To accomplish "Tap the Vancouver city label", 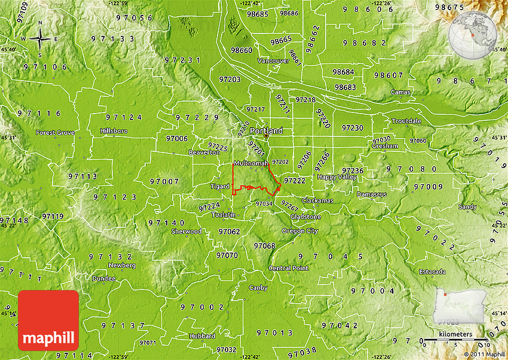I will [x=273, y=61].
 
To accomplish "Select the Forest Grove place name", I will [x=55, y=132].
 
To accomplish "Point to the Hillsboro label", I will [x=114, y=130].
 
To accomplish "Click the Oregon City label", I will [x=300, y=231].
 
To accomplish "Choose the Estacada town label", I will [x=432, y=272].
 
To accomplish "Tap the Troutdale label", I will [x=406, y=121].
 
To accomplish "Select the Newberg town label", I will [x=122, y=265].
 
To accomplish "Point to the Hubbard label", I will [x=202, y=336].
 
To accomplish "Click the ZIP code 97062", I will [x=229, y=231].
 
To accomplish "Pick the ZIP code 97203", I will [x=229, y=79].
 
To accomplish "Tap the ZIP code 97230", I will [x=352, y=128].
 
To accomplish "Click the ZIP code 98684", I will [x=344, y=72].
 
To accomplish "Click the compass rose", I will [x=40, y=39].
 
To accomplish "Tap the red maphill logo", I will [x=48, y=321].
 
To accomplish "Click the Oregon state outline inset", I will [x=458, y=305].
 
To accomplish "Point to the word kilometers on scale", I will [x=455, y=334].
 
